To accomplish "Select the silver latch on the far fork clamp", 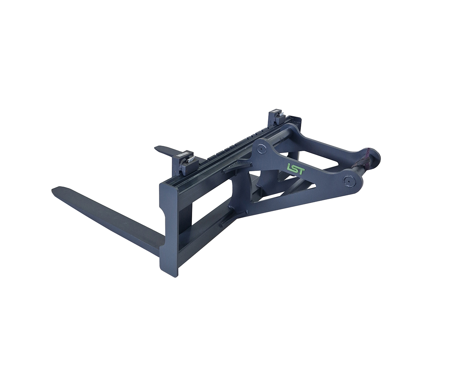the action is pos(281,115).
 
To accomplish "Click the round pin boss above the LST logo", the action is pos(262,149).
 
